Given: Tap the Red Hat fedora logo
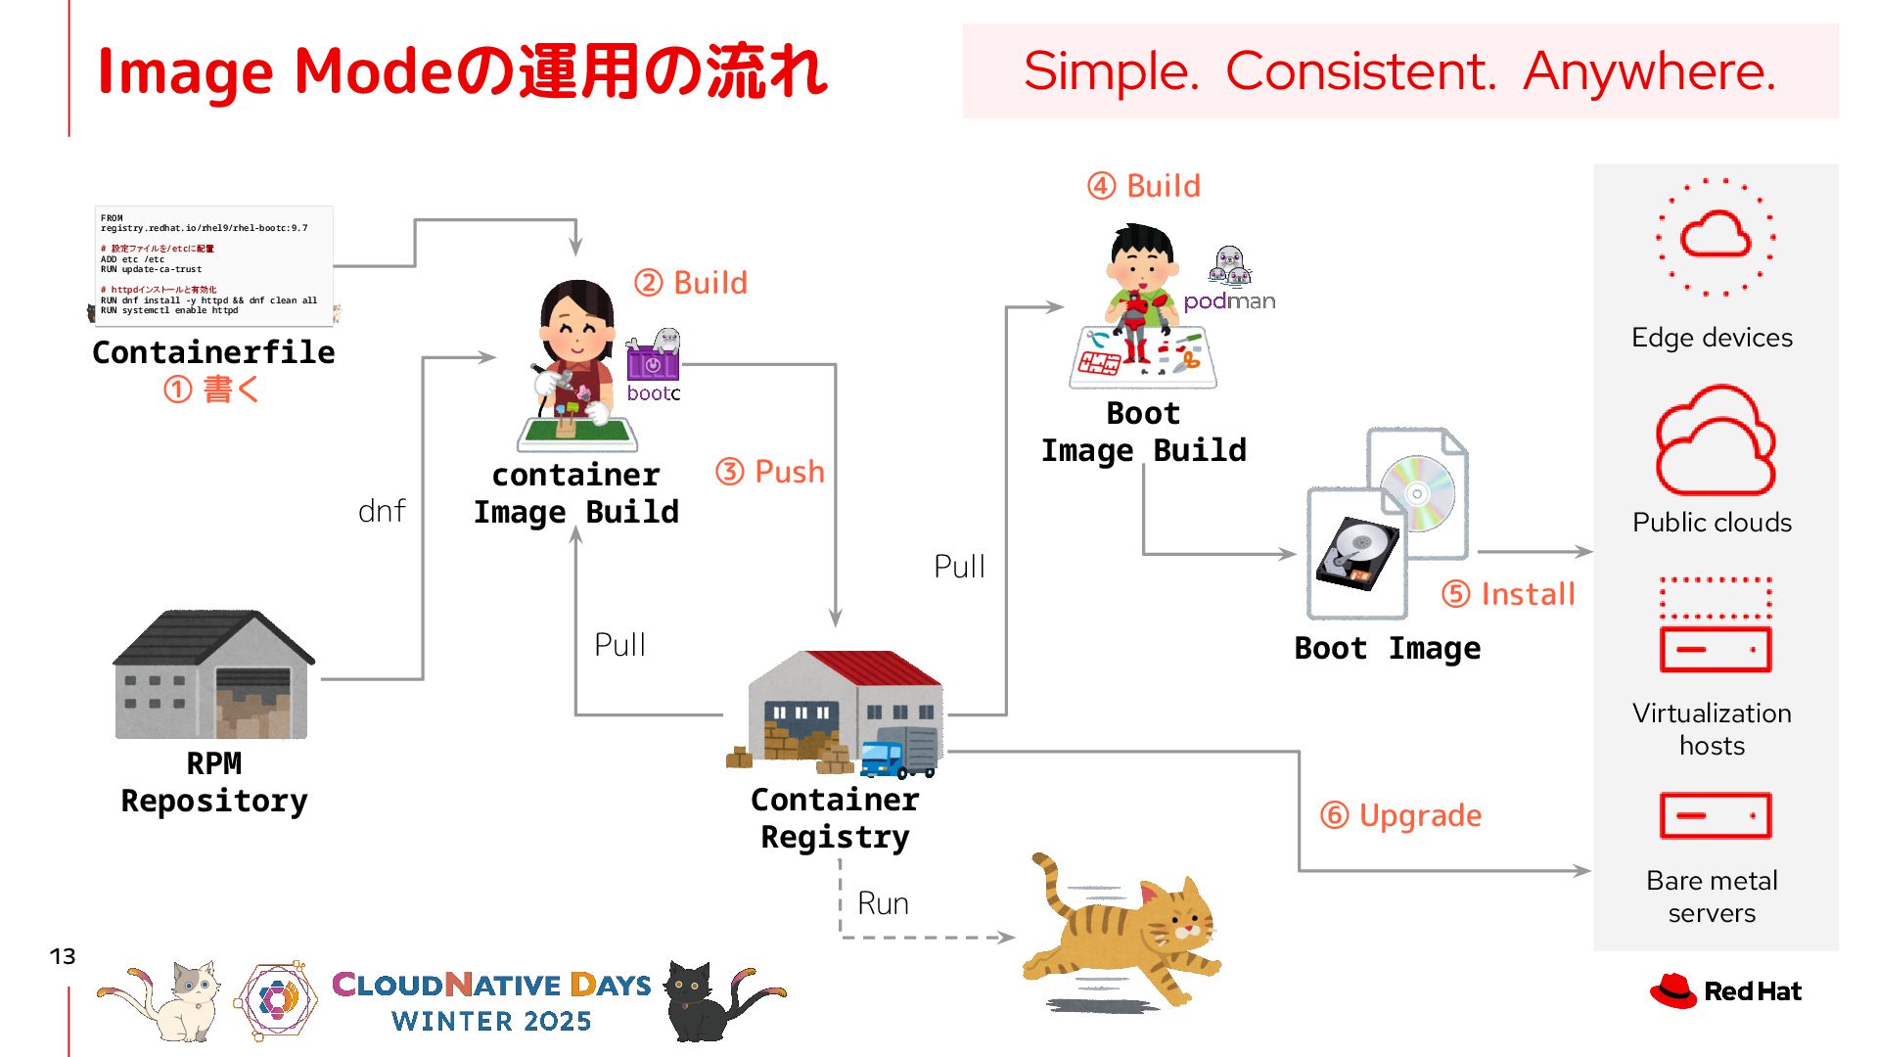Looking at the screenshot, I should click(1672, 990).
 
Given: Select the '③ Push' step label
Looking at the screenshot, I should click(770, 472).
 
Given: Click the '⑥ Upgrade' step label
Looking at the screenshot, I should click(1400, 815).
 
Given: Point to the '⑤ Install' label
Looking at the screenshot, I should click(1508, 594).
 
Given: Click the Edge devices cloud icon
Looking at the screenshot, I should click(1716, 236).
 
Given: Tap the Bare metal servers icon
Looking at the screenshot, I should click(1715, 816).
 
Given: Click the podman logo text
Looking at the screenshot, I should click(1229, 301).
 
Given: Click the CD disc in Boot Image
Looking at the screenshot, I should click(1417, 493).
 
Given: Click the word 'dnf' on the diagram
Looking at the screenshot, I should click(382, 511).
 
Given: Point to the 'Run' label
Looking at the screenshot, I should click(883, 903).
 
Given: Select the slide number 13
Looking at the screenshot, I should click(63, 956).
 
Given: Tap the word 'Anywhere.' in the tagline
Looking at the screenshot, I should click(1649, 71).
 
